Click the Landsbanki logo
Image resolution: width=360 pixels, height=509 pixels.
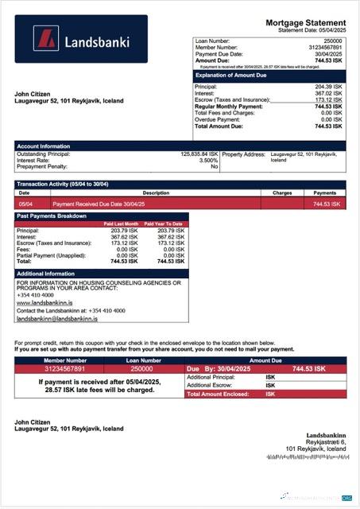tap(80, 39)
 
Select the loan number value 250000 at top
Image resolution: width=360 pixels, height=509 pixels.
tap(333, 40)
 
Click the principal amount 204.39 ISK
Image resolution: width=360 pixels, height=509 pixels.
tap(328, 87)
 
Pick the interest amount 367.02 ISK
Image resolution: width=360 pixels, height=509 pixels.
tap(328, 93)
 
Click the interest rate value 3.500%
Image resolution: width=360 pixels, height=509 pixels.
tap(207, 161)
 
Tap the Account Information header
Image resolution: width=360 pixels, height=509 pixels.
tap(44, 146)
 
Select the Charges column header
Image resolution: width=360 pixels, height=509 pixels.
tap(282, 192)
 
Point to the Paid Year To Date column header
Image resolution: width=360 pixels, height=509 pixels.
tap(165, 224)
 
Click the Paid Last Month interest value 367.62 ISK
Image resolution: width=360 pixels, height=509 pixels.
tap(125, 236)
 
